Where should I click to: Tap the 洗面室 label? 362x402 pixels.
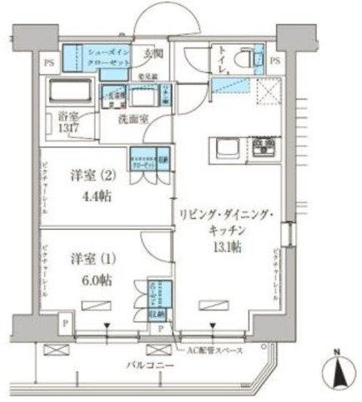[x=134, y=117]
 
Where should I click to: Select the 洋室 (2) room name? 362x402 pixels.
[x=88, y=176]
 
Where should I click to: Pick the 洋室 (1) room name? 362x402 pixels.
[x=88, y=256]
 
